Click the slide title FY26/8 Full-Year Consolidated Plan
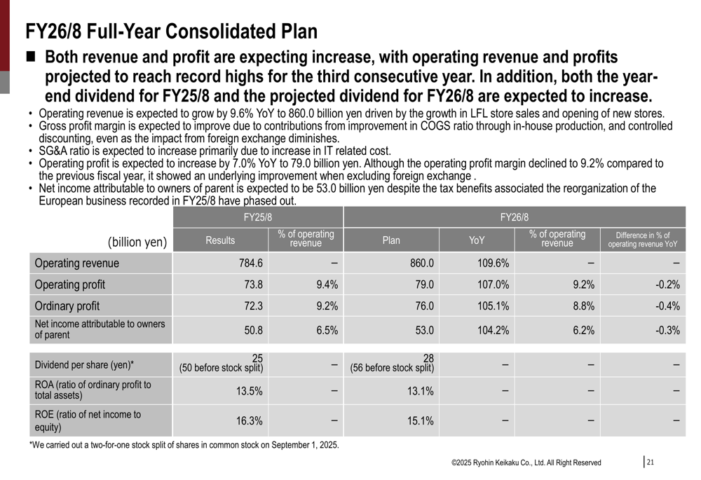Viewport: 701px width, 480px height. coord(171,32)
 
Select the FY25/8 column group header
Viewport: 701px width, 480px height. coord(258,217)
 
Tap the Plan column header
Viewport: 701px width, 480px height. coord(391,240)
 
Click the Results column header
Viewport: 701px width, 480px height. coord(220,240)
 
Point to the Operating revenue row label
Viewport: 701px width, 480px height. coord(77,263)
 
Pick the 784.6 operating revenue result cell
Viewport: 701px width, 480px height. coord(250,263)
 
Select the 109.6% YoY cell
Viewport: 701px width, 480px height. coord(494,263)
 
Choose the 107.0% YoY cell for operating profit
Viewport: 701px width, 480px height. coord(494,284)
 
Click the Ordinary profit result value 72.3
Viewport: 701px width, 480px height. coord(251,306)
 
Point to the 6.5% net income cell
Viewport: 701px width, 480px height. coord(327,330)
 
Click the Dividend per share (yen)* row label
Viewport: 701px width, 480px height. coord(84,364)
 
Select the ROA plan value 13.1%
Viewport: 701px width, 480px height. coord(421,391)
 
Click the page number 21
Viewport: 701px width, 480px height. coord(650,462)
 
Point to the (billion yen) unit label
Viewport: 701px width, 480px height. coord(137,242)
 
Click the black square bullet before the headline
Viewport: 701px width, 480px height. coord(33,57)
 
